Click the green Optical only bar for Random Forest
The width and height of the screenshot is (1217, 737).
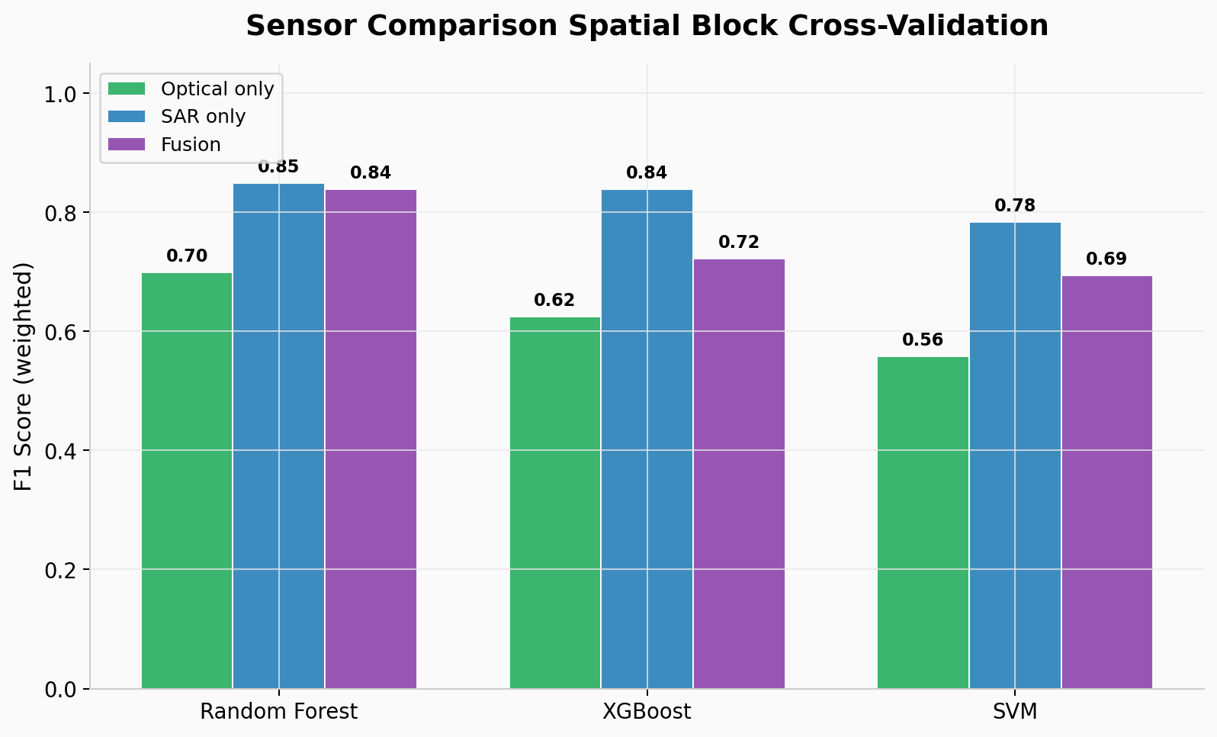[x=187, y=481]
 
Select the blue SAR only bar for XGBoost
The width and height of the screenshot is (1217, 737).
[x=647, y=439]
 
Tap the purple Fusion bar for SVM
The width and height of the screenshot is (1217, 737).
[x=1106, y=482]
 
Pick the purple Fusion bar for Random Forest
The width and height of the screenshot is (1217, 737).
[x=371, y=439]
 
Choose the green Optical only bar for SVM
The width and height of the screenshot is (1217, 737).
[x=923, y=523]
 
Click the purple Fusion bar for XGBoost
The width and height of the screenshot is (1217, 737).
[x=739, y=474]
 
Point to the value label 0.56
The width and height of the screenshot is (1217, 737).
[x=923, y=340]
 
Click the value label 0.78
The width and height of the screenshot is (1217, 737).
[x=1015, y=206]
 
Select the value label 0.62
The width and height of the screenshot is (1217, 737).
[x=554, y=301]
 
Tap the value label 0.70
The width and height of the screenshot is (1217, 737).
[x=187, y=256]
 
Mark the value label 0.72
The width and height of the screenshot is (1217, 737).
[x=739, y=243]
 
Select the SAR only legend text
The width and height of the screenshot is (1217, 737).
[x=203, y=117]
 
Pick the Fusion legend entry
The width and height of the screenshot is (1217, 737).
[x=191, y=145]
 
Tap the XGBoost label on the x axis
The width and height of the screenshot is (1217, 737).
[x=647, y=712]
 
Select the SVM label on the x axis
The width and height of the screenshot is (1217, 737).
[x=1015, y=712]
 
